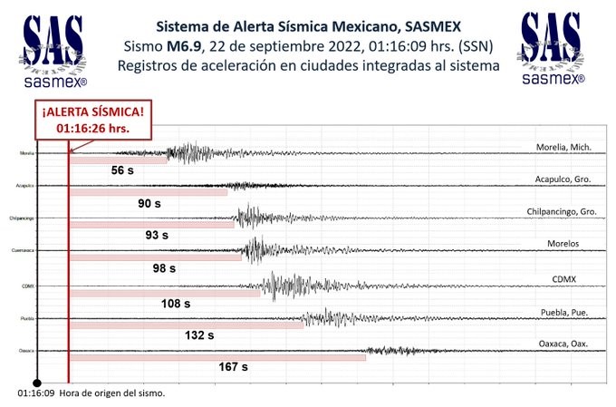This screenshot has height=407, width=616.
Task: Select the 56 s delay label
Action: pos(123,170)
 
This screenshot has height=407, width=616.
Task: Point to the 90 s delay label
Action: pos(149,203)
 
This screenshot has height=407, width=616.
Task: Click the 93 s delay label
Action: pos(157,235)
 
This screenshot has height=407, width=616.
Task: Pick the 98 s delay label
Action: pos(164,267)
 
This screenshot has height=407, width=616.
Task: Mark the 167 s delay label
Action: pos(233,367)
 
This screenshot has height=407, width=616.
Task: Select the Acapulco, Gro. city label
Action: pos(563,179)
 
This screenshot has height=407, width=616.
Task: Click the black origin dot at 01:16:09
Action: pos(36,382)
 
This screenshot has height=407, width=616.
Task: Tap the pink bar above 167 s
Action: pos(217,357)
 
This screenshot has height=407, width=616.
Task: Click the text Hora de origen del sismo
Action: pos(112,394)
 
